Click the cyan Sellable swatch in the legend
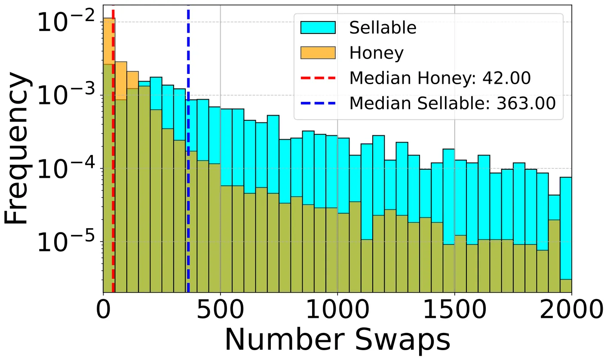click(x=318, y=28)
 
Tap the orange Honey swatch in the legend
click(x=318, y=53)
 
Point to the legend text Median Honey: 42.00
click(x=440, y=78)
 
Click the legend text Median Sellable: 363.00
click(x=455, y=103)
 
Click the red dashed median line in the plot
click(x=113, y=172)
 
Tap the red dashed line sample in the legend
click(x=318, y=78)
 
